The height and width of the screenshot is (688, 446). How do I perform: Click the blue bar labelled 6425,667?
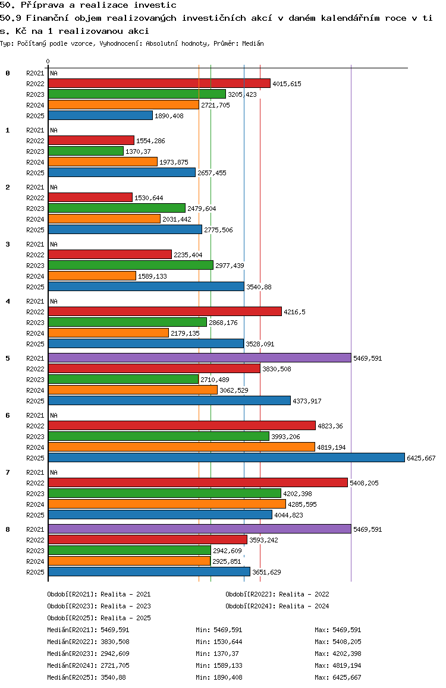click(227, 457)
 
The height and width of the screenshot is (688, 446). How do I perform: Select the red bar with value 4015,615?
click(159, 83)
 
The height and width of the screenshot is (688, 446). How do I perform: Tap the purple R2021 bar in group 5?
click(200, 358)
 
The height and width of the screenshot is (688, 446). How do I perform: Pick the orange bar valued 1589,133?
click(92, 276)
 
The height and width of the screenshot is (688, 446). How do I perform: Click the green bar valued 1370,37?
click(86, 152)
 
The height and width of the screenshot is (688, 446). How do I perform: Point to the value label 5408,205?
click(364, 483)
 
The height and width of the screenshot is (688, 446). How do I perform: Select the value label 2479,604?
click(202, 209)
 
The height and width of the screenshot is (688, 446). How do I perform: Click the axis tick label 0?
click(48, 61)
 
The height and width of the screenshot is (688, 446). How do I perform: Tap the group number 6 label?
click(8, 415)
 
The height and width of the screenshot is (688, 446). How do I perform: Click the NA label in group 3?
click(54, 244)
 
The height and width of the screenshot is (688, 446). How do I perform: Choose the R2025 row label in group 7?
click(35, 515)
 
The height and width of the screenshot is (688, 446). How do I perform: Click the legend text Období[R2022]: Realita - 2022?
click(278, 594)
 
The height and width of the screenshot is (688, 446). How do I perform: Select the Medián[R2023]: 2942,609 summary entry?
click(88, 654)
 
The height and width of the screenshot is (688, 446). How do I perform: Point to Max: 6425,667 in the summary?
click(338, 677)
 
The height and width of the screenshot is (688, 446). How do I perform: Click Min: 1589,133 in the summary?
click(219, 665)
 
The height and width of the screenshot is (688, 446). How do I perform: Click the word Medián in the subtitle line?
click(253, 43)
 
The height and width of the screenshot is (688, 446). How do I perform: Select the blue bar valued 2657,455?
click(122, 173)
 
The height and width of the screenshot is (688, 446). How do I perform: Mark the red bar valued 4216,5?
click(165, 311)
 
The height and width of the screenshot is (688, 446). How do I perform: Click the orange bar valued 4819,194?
click(182, 447)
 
